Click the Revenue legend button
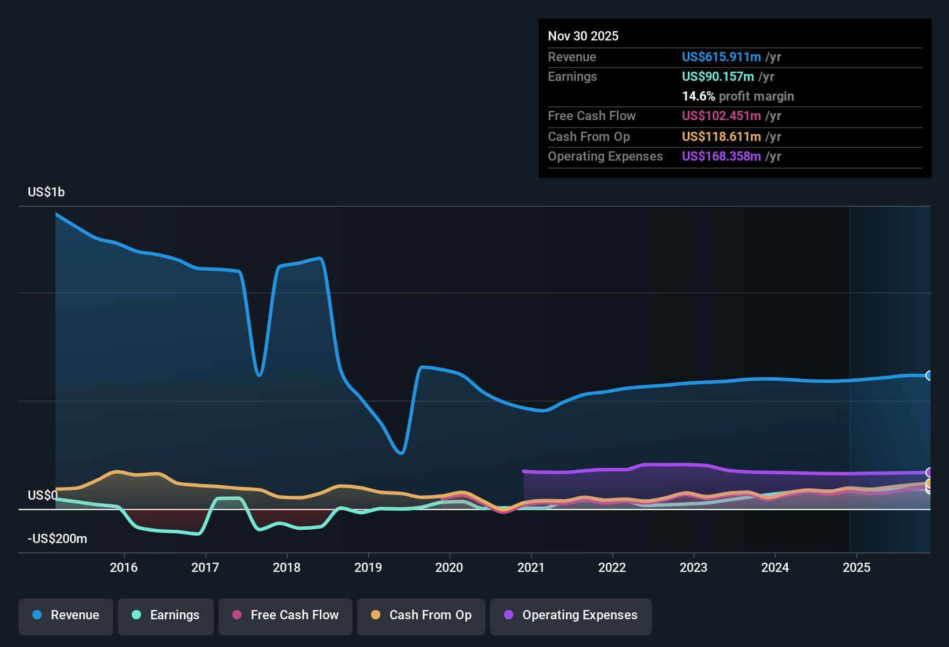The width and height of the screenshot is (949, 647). click(66, 615)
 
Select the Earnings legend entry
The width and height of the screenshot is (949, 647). click(166, 615)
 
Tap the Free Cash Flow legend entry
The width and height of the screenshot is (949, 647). click(286, 615)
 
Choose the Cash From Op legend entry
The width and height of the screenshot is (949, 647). click(421, 615)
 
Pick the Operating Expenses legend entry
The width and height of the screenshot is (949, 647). click(571, 615)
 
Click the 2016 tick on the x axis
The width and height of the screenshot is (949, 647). click(124, 567)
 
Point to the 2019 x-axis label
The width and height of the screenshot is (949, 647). click(368, 567)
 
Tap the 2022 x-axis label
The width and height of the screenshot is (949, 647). click(612, 567)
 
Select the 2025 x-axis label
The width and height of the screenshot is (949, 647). click(857, 567)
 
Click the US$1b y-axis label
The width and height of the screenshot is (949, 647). click(46, 192)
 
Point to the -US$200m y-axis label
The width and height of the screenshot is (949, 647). click(57, 539)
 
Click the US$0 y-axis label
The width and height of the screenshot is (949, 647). click(42, 496)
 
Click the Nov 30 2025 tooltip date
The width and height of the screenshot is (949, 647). click(583, 36)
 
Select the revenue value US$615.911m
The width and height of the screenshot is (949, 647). click(721, 57)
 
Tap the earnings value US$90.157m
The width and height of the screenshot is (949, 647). click(718, 76)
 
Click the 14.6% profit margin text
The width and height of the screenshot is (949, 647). click(738, 96)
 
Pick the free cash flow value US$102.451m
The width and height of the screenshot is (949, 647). click(721, 116)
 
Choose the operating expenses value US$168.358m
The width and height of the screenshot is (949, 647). click(721, 156)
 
